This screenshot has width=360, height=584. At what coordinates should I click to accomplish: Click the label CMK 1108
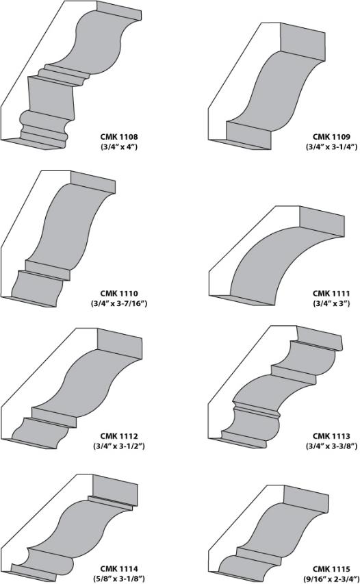tap(119, 137)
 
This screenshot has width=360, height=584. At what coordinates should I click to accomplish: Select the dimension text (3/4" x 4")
tap(119, 147)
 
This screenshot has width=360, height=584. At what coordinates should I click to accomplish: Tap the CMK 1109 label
tap(331, 137)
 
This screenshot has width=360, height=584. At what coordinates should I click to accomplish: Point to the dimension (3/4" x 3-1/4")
tap(331, 147)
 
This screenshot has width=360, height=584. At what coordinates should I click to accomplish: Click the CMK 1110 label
tap(119, 294)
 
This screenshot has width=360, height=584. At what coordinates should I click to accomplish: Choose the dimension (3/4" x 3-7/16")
tap(119, 303)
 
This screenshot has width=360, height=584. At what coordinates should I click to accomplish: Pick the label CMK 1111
tap(331, 294)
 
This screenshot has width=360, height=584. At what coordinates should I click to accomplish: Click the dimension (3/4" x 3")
tap(331, 303)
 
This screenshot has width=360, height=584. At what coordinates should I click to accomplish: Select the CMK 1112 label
tap(119, 435)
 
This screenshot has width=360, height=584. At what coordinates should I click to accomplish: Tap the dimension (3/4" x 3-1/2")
tap(119, 446)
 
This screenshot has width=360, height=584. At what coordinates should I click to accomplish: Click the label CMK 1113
tap(331, 435)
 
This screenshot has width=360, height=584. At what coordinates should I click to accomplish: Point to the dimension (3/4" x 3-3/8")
tap(331, 446)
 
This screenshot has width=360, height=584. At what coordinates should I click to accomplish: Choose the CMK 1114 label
tap(119, 569)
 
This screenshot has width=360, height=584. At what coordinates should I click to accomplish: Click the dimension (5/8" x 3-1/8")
tap(119, 579)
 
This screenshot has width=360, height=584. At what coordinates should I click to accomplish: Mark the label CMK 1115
tap(331, 569)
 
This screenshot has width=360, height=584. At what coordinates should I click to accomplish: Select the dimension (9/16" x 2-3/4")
tap(331, 579)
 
